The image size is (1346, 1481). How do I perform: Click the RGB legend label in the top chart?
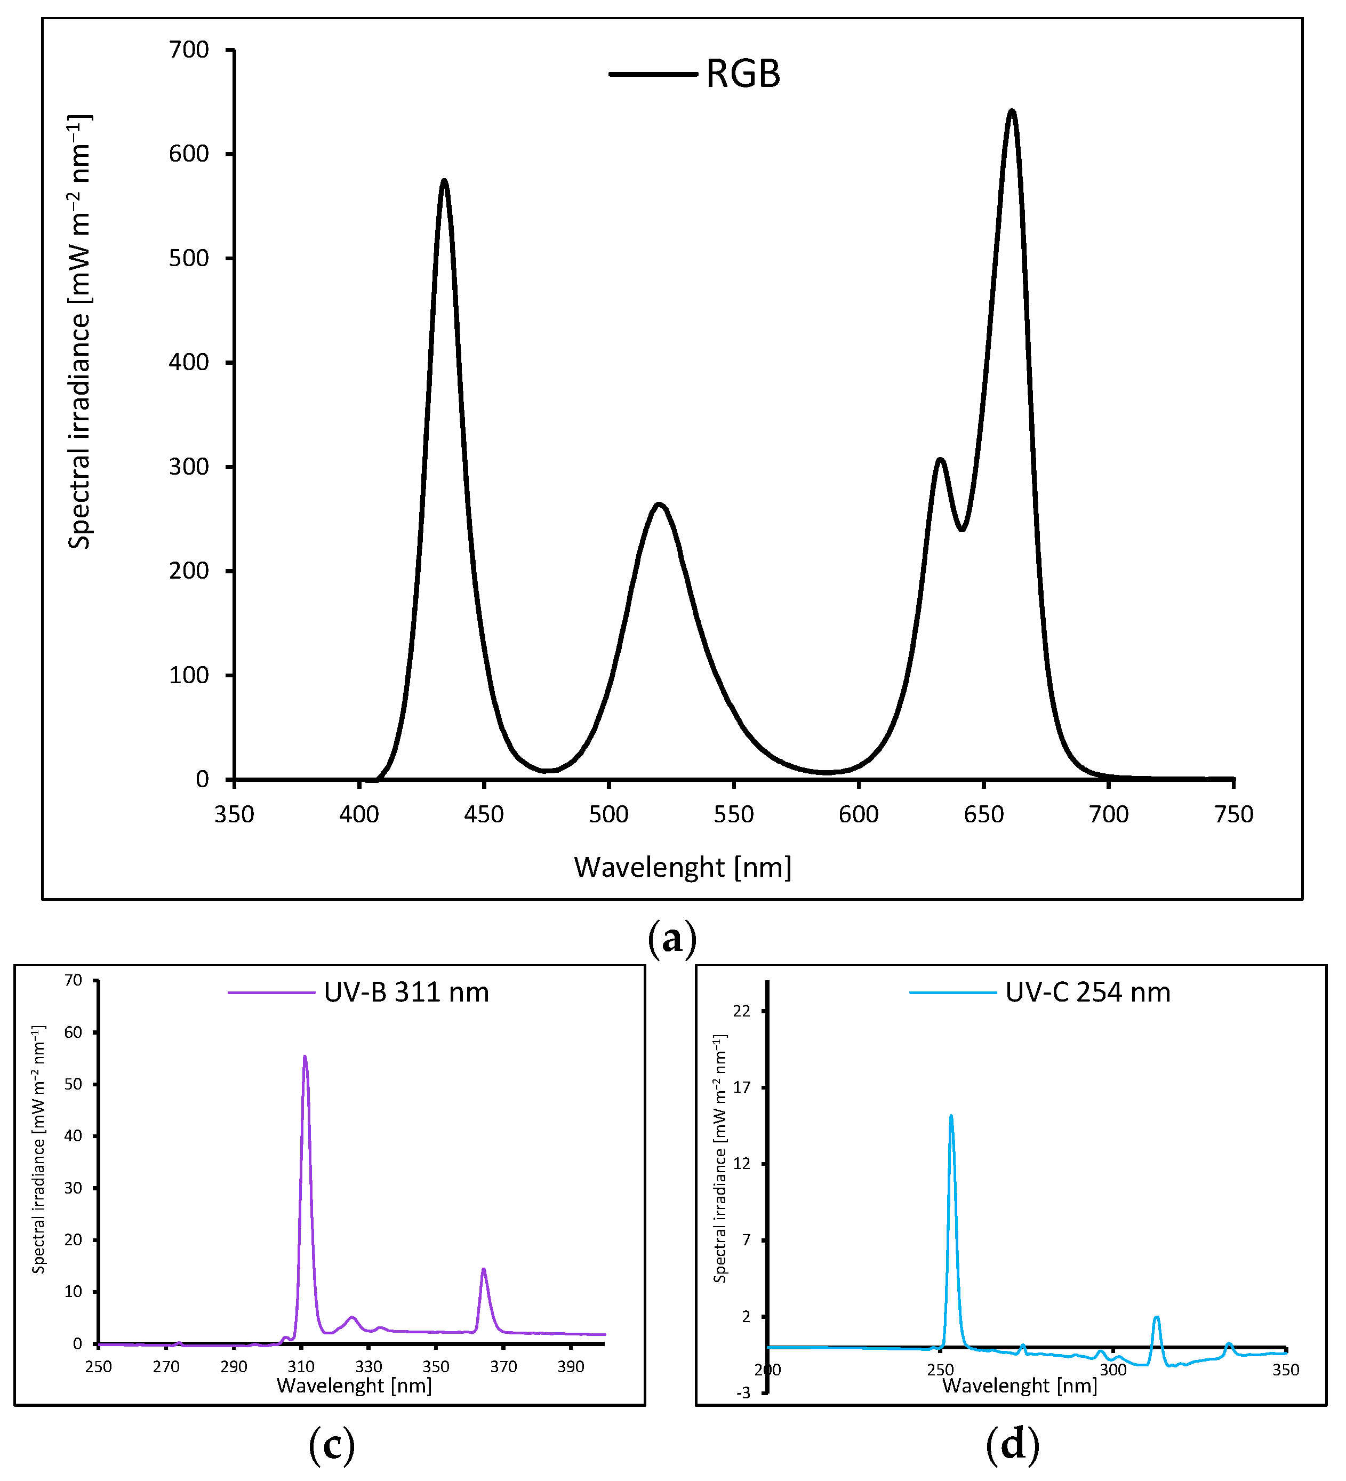tap(743, 74)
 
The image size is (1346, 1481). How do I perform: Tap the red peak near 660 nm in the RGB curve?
tap(1012, 111)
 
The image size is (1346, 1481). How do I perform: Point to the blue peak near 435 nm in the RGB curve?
tap(444, 181)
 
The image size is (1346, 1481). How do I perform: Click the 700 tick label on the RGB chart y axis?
tap(189, 50)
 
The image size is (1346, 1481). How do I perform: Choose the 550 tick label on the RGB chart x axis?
tap(734, 815)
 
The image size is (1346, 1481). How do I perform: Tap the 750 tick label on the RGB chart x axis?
tap(1233, 815)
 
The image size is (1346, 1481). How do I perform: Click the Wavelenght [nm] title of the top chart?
tap(683, 868)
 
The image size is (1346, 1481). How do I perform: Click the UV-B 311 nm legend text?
tap(406, 992)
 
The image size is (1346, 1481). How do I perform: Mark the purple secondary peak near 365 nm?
tap(484, 1269)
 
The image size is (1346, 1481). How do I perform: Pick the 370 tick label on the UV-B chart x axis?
tap(503, 1367)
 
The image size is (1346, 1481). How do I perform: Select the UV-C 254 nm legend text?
tap(1087, 992)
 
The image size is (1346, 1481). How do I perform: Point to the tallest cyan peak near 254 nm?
tap(951, 1117)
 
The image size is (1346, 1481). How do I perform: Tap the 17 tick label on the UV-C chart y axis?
tap(742, 1087)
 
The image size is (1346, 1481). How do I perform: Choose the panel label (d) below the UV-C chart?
tap(1013, 1445)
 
